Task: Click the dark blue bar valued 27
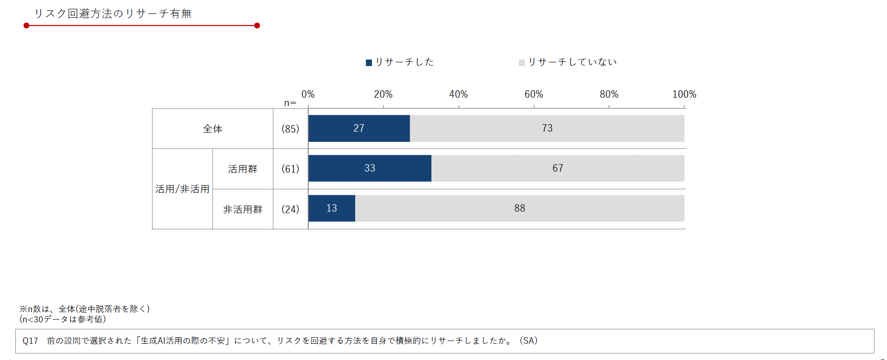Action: pyautogui.click(x=359, y=128)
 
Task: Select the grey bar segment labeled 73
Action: pyautogui.click(x=547, y=128)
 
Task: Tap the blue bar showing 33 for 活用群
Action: pyautogui.click(x=370, y=168)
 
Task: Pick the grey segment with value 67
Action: pyautogui.click(x=557, y=168)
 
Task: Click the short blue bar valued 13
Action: pyautogui.click(x=331, y=208)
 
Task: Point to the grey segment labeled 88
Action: pyautogui.click(x=519, y=208)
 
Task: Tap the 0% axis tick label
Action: pyautogui.click(x=308, y=94)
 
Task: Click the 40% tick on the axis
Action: pyautogui.click(x=458, y=94)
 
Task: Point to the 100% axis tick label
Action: pyautogui.click(x=684, y=94)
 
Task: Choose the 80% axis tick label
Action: pyautogui.click(x=609, y=94)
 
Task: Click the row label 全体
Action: pyautogui.click(x=212, y=129)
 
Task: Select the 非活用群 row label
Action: pyautogui.click(x=243, y=209)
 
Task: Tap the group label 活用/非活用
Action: pyautogui.click(x=182, y=189)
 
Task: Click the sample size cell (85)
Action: pyautogui.click(x=290, y=129)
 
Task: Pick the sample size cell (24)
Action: pyautogui.click(x=290, y=209)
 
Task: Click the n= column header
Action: pyautogui.click(x=290, y=103)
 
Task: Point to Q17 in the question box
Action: pyautogui.click(x=30, y=341)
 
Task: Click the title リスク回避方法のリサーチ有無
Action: pyautogui.click(x=113, y=13)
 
